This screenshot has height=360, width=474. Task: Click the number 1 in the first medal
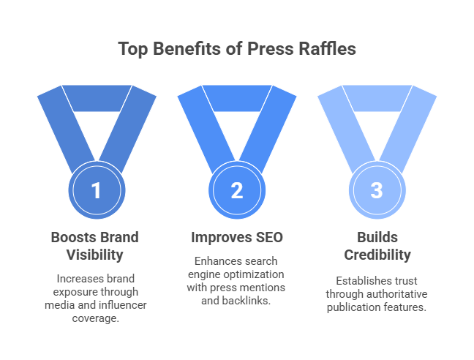pyautogui.click(x=95, y=191)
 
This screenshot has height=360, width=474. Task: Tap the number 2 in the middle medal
pyautogui.click(x=236, y=191)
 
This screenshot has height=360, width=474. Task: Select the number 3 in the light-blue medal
pyautogui.click(x=376, y=191)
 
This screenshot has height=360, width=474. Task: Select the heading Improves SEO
pyautogui.click(x=236, y=238)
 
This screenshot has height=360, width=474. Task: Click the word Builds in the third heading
pyautogui.click(x=376, y=238)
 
